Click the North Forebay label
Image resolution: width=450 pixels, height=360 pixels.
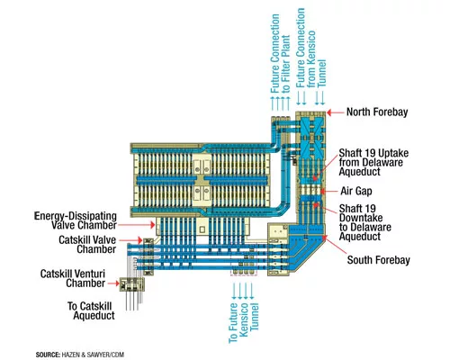point(377,112)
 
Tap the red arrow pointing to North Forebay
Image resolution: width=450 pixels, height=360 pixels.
point(335,112)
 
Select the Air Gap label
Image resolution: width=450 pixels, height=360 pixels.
point(356,191)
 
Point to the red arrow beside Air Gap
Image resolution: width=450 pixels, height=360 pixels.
point(328,191)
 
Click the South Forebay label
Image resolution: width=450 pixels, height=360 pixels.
point(379,260)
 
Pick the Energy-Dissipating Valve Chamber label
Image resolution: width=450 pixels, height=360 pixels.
point(76,220)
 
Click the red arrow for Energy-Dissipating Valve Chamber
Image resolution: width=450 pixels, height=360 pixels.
point(137,224)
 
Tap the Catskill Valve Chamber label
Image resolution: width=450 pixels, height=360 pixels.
point(87,245)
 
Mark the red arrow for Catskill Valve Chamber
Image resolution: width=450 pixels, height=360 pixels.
point(130,240)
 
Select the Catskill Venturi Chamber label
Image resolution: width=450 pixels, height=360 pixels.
point(73,278)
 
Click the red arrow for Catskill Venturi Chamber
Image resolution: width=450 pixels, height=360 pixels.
point(113,283)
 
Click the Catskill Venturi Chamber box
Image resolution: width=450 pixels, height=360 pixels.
point(132,284)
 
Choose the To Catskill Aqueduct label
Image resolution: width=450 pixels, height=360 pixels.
point(91,310)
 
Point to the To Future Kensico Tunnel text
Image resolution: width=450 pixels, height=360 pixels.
point(244,323)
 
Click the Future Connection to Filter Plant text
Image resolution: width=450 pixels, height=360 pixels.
point(281,54)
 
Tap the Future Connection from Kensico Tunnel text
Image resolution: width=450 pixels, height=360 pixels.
point(310,48)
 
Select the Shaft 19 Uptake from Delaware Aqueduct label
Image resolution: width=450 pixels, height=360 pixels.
point(373,162)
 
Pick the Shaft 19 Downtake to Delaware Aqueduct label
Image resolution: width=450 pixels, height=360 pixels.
point(365,222)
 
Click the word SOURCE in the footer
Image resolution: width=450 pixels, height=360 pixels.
point(48,355)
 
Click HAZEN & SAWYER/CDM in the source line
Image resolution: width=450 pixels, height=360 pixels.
point(93,355)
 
